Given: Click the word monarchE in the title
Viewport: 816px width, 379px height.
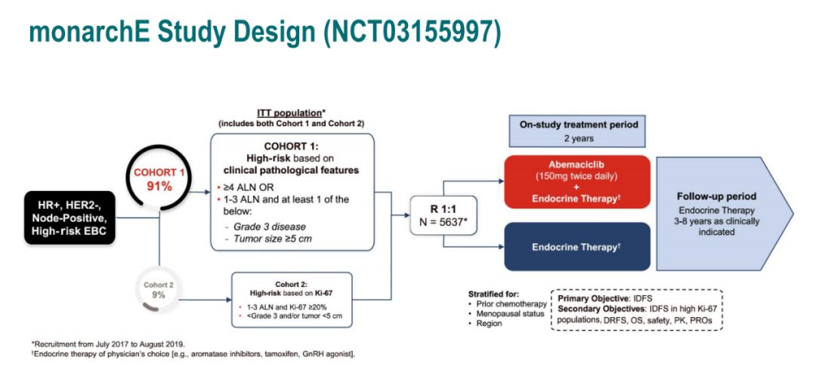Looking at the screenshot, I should click(x=101, y=31).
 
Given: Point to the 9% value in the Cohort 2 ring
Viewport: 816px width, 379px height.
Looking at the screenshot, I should click(x=158, y=295).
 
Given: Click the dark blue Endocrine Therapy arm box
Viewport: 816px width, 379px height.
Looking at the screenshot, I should click(x=577, y=246).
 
